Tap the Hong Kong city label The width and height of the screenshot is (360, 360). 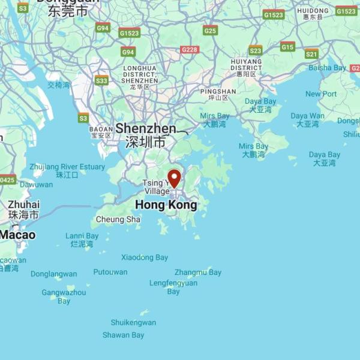(166, 205)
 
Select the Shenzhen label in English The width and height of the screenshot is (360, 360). (146, 128)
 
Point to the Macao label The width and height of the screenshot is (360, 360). (17, 235)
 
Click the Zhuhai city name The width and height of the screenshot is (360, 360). (24, 205)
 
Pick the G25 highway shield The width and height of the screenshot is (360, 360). (210, 31)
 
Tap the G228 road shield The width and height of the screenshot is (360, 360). (190, 50)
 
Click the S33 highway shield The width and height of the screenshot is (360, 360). (101, 80)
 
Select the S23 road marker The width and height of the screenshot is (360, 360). (256, 50)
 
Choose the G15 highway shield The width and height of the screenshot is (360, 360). (287, 47)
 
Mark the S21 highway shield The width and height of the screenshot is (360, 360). (311, 54)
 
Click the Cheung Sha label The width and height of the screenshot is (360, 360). (118, 220)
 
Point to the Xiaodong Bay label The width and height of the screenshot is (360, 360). (145, 257)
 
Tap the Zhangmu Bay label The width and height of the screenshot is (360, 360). (198, 272)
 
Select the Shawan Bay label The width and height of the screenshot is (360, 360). (123, 335)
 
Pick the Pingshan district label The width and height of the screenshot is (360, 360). (218, 92)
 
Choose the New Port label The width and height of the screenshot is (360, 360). (321, 94)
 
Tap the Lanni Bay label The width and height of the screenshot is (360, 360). (82, 236)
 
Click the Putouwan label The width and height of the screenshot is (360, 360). (110, 272)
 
